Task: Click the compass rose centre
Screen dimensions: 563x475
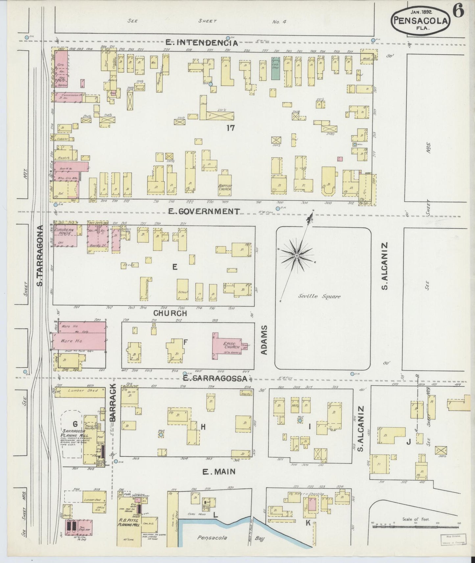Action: (297, 255)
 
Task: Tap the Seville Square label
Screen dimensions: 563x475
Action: (319, 296)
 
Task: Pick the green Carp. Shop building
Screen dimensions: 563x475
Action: (275, 68)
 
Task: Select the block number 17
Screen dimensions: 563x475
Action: (230, 128)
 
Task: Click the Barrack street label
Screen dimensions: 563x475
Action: (112, 403)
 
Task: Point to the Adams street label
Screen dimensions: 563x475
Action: (265, 340)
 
